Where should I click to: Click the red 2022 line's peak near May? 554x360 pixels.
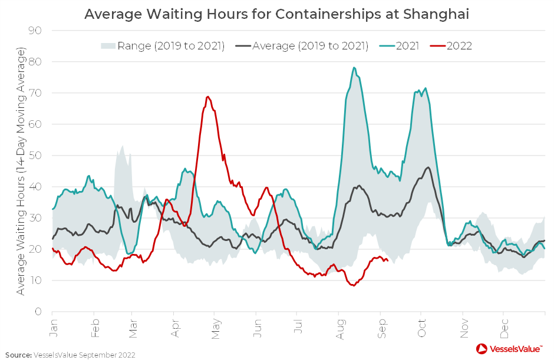pyautogui.click(x=208, y=97)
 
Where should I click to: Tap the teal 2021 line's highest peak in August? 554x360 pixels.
pyautogui.click(x=354, y=67)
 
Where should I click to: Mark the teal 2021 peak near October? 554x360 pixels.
pyautogui.click(x=425, y=88)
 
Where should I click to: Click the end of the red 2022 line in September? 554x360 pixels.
pyautogui.click(x=387, y=260)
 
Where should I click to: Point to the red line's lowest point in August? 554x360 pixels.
pyautogui.click(x=353, y=285)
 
